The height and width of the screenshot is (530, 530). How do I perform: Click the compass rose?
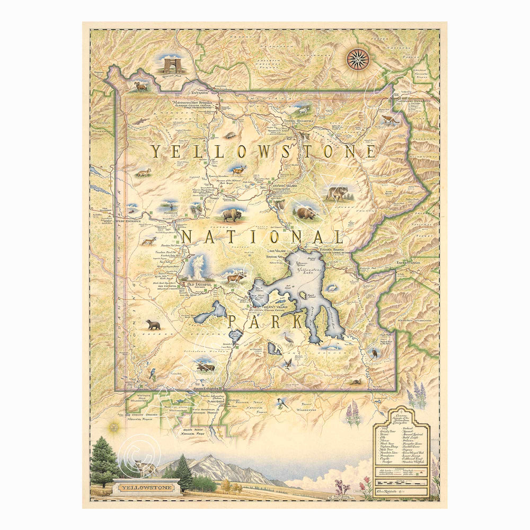click(358, 59)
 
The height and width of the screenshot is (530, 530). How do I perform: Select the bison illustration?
click(231, 215)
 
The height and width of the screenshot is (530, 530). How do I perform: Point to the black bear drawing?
click(153, 324)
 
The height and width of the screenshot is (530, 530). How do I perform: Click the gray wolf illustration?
click(337, 193)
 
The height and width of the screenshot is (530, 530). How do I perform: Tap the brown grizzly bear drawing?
click(306, 213)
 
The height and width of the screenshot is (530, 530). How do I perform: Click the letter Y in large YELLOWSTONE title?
click(155, 152)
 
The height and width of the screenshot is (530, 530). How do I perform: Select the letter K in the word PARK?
click(297, 322)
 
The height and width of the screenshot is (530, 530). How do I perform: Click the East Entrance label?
click(408, 262)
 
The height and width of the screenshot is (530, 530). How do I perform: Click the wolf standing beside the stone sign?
click(143, 466)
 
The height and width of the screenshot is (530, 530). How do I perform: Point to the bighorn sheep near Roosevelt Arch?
click(141, 86)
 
